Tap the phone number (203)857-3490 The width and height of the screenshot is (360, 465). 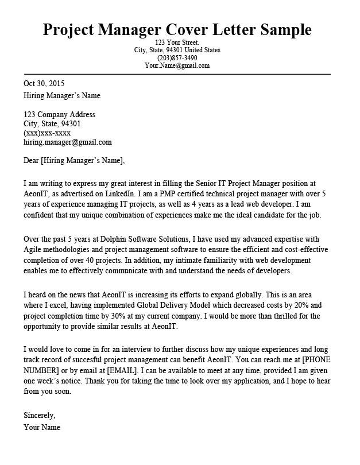pos(177,58)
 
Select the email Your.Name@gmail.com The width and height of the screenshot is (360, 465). pos(177,65)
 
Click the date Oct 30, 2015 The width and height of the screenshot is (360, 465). pos(44,83)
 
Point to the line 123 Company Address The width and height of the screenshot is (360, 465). pos(59,114)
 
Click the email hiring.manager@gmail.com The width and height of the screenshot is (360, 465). pos(67,142)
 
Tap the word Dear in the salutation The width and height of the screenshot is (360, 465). pos(32,160)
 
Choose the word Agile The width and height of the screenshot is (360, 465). pos(33,248)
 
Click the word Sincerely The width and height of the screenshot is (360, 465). pos(40,414)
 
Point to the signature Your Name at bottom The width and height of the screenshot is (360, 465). pos(42,428)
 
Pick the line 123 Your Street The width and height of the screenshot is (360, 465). pos(177,43)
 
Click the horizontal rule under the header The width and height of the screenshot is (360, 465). pos(177,74)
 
